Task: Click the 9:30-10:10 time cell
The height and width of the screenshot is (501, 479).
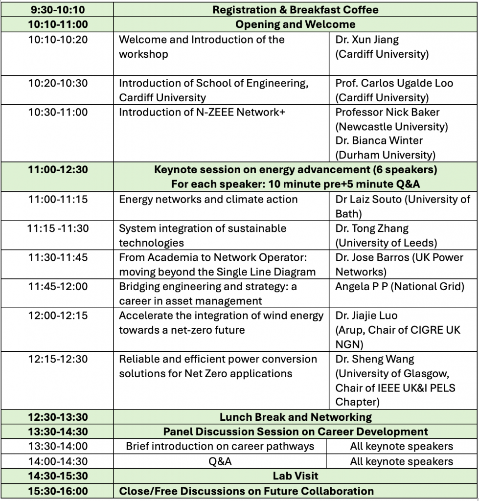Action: [x=58, y=9]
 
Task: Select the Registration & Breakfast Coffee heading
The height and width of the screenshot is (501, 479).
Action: [x=295, y=9]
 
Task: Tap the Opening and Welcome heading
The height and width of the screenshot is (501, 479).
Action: [x=295, y=24]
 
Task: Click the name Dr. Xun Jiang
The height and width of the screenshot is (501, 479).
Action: [x=367, y=40]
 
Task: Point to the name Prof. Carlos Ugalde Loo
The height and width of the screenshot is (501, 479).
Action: [x=394, y=83]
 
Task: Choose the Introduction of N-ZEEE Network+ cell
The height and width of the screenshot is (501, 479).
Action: [x=202, y=112]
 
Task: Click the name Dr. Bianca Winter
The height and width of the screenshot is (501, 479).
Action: [x=379, y=140]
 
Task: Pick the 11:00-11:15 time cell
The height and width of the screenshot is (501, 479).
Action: [x=58, y=199]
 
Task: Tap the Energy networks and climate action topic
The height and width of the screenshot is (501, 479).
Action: [x=208, y=199]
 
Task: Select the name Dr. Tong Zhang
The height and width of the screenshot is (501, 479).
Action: [x=372, y=228]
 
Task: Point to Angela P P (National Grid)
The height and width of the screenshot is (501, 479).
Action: [x=399, y=286]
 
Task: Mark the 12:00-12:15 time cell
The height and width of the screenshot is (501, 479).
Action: [x=58, y=316]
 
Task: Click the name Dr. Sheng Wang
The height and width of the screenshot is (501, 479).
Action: [x=374, y=359]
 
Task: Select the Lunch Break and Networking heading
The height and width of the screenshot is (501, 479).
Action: [x=295, y=417]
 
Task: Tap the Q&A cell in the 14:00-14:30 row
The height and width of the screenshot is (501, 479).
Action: [x=220, y=461]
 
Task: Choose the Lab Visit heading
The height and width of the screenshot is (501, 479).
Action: [x=295, y=476]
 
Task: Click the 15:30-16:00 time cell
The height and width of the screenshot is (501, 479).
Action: [x=58, y=491]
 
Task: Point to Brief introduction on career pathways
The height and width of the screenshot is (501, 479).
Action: [x=220, y=446]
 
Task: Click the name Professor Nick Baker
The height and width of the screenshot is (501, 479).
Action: [x=387, y=112]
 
